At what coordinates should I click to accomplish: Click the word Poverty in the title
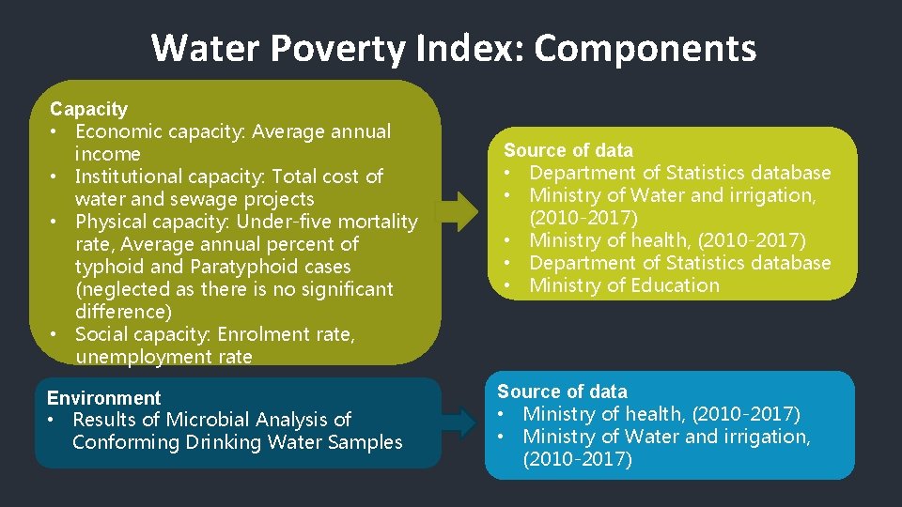(x=341, y=47)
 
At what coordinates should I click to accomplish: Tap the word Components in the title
(x=645, y=47)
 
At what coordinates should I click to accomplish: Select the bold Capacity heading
(x=88, y=110)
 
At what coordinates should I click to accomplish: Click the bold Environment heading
(x=103, y=398)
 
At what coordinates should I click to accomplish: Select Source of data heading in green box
(x=568, y=150)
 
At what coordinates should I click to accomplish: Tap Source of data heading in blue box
(x=562, y=392)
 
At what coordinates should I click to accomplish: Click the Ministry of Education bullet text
(x=624, y=285)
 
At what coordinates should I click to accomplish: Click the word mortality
(x=377, y=222)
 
